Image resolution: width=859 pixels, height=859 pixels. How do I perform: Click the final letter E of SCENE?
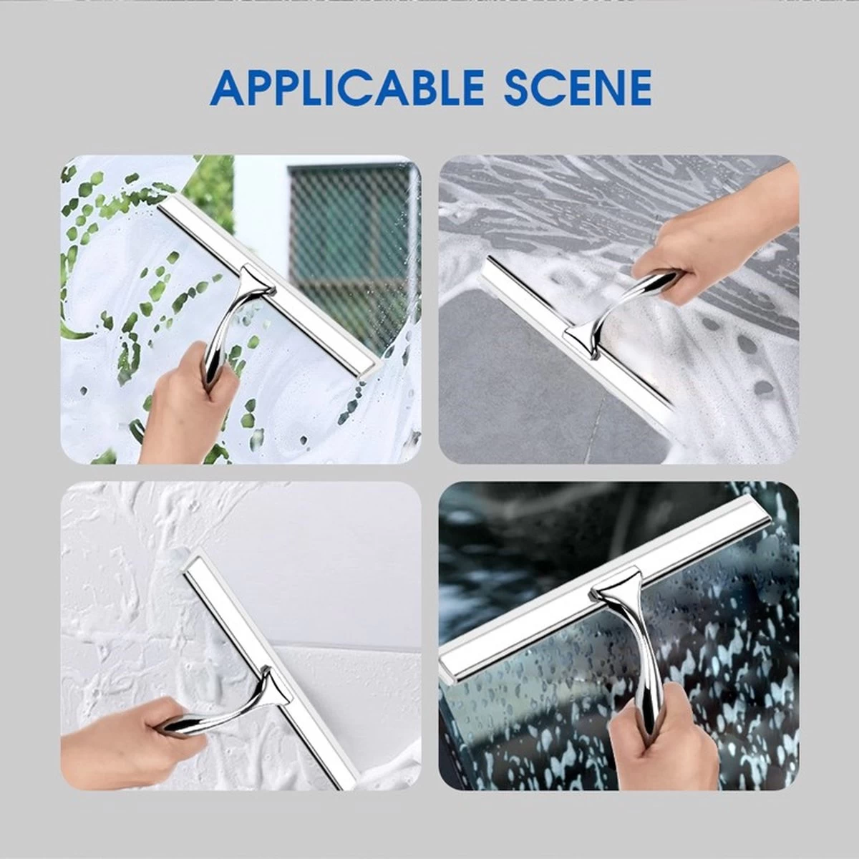(636, 88)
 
